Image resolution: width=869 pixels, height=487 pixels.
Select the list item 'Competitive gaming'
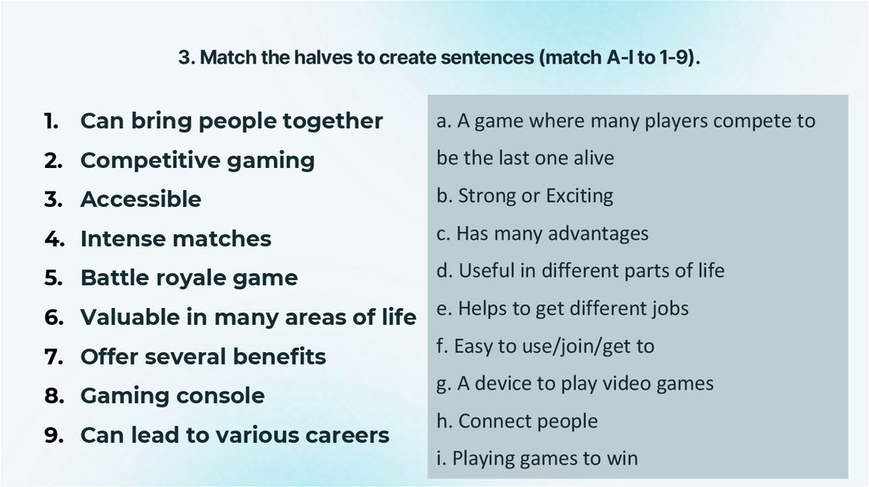tap(197, 160)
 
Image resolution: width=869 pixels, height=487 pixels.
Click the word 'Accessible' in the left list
tap(140, 199)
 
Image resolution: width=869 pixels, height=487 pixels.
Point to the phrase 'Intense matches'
tap(176, 239)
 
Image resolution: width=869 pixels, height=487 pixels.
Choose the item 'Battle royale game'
tap(188, 278)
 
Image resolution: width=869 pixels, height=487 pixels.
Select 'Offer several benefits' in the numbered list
tap(203, 356)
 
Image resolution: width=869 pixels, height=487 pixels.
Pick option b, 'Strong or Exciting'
tap(524, 196)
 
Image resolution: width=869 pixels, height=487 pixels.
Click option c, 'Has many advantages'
tap(542, 233)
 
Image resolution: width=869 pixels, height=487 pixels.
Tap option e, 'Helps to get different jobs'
tap(563, 309)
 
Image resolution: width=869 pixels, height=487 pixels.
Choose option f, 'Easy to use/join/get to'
tap(545, 346)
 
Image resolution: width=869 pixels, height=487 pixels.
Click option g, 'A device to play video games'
tap(575, 383)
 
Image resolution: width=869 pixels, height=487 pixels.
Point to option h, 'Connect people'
tap(517, 421)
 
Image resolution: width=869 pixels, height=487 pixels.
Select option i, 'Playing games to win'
tap(536, 459)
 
